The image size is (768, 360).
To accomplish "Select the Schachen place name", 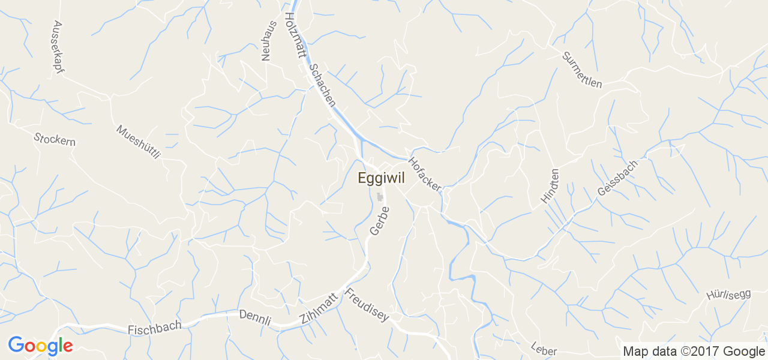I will (322, 85).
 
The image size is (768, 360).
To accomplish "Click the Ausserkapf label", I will (58, 47).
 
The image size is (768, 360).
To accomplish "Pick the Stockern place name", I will (55, 139).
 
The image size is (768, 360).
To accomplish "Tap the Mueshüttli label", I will (139, 142).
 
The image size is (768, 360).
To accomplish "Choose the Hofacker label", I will (425, 174).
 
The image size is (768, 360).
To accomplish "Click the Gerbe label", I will (379, 221).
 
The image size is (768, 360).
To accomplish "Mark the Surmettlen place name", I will (582, 70).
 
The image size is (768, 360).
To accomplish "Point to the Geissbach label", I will (618, 178).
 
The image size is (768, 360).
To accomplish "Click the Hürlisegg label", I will (728, 295).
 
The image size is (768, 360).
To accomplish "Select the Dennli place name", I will (255, 317).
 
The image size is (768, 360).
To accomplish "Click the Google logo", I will (40, 346).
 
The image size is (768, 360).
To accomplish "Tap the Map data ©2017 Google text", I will (694, 351).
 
